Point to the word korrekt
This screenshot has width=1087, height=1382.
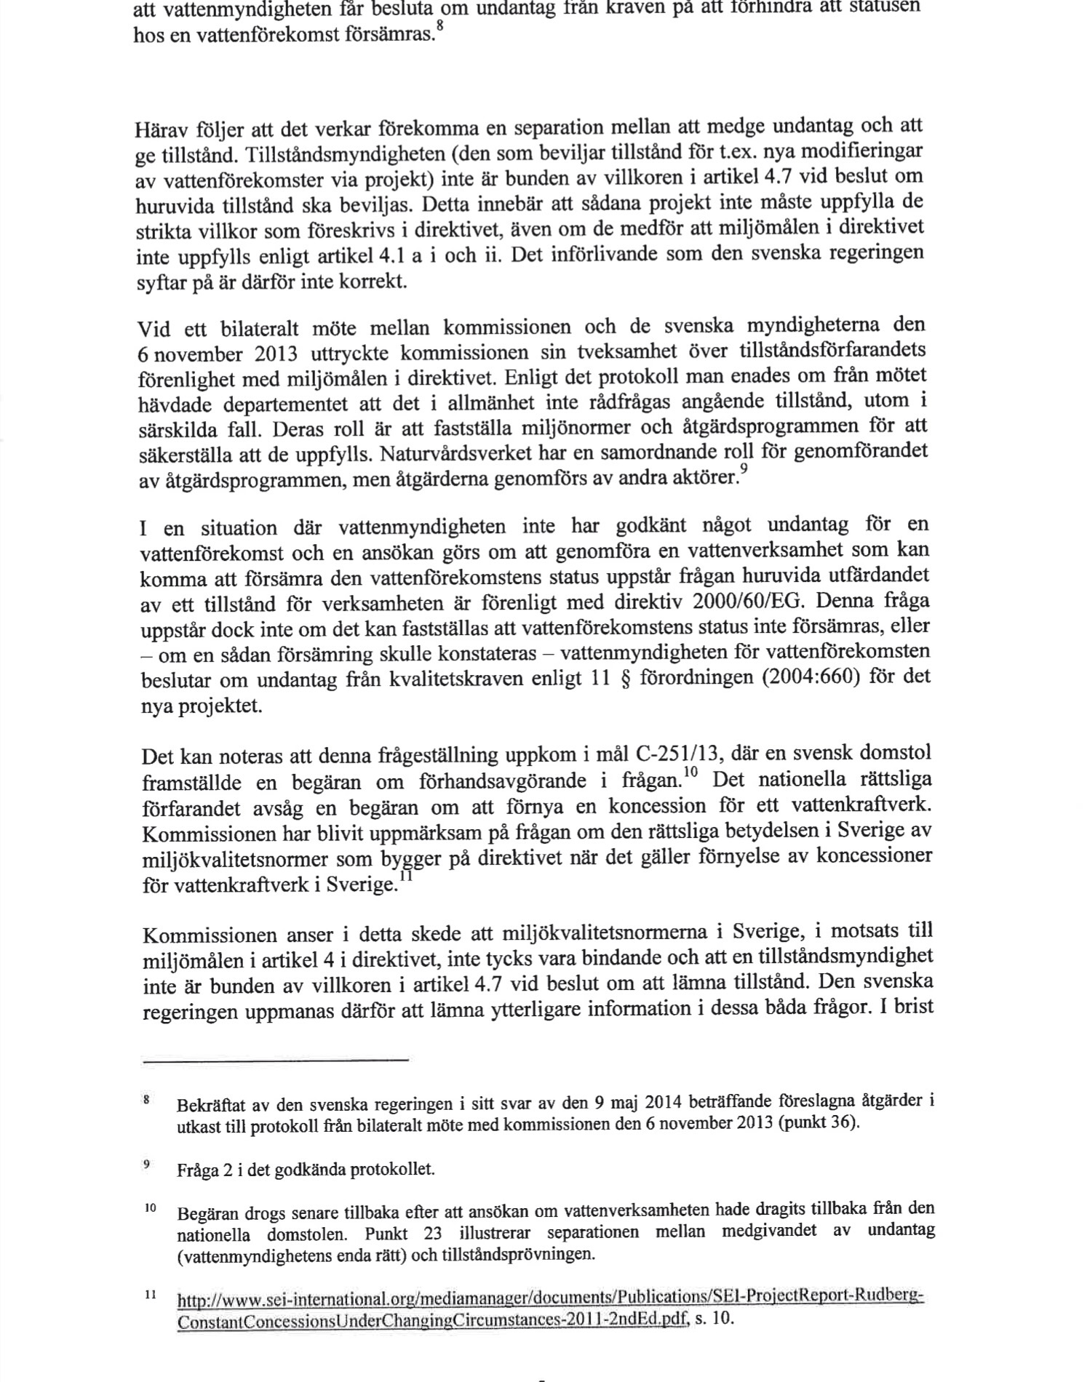point(375,281)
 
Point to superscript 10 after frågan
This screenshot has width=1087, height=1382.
point(690,772)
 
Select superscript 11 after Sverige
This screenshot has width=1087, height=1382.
point(405,876)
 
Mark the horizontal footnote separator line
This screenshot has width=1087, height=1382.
point(276,1061)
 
